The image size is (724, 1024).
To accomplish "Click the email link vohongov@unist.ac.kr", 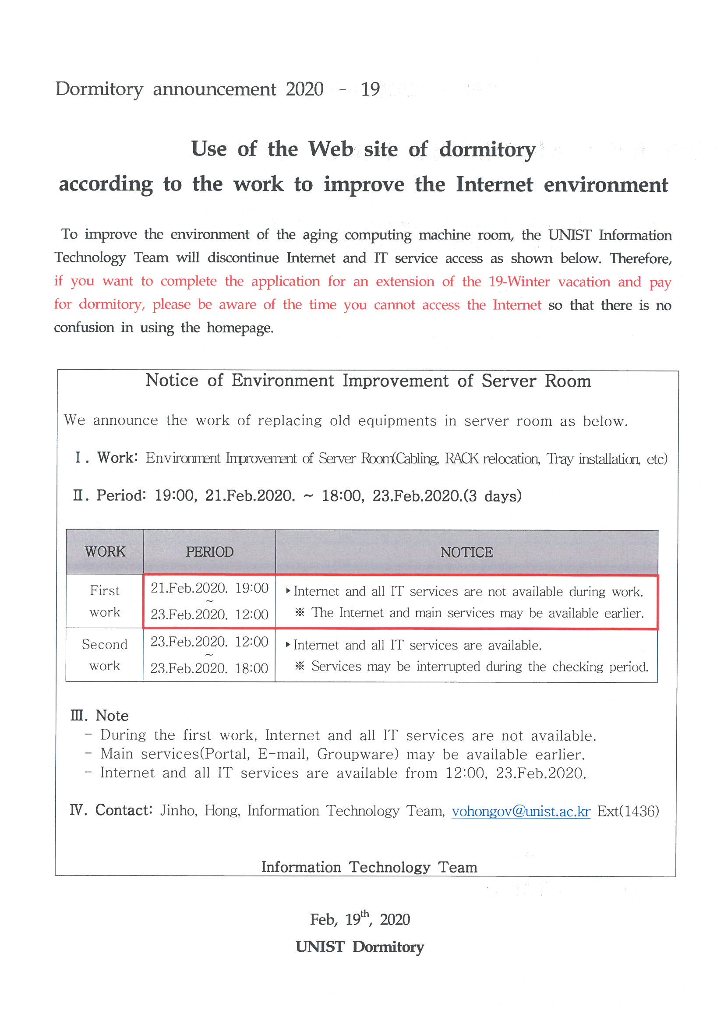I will pyautogui.click(x=521, y=811).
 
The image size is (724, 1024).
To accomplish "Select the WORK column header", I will pyautogui.click(x=105, y=552).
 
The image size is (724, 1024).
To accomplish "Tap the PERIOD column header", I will pyautogui.click(x=209, y=552).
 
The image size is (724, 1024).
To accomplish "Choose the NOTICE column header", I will pyautogui.click(x=466, y=552).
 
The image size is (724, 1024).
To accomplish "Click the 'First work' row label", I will pyautogui.click(x=105, y=601).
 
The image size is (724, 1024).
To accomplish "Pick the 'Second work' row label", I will pyautogui.click(x=105, y=655).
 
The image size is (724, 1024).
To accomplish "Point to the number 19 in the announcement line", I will pyautogui.click(x=370, y=89).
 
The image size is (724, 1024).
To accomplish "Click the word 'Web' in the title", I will pyautogui.click(x=331, y=148).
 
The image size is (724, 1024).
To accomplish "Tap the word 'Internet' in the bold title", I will pyautogui.click(x=494, y=184).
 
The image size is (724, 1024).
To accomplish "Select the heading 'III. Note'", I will pyautogui.click(x=99, y=715).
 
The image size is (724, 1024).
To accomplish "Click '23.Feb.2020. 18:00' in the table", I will pyautogui.click(x=209, y=667).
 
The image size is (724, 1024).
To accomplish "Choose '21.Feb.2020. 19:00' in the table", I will pyautogui.click(x=209, y=588).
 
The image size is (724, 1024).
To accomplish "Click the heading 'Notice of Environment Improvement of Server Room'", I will pyautogui.click(x=368, y=381).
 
